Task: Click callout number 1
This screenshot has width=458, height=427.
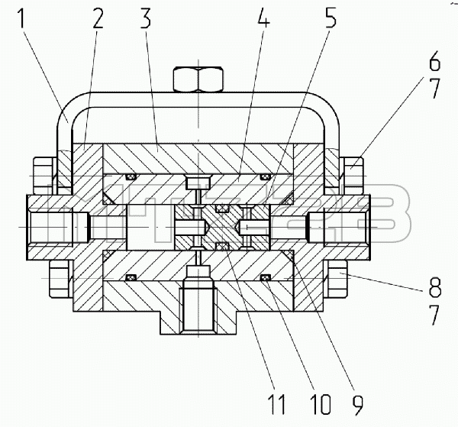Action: click(x=21, y=18)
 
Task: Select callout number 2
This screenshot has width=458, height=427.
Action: click(x=98, y=18)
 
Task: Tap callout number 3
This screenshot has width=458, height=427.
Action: click(x=146, y=18)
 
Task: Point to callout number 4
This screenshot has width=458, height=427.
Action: click(x=263, y=18)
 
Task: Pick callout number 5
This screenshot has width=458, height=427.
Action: click(x=331, y=18)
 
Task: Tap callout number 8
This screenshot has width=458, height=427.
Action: click(x=435, y=287)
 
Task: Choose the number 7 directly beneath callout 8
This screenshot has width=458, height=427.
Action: click(x=434, y=315)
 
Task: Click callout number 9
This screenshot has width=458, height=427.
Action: click(x=357, y=405)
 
